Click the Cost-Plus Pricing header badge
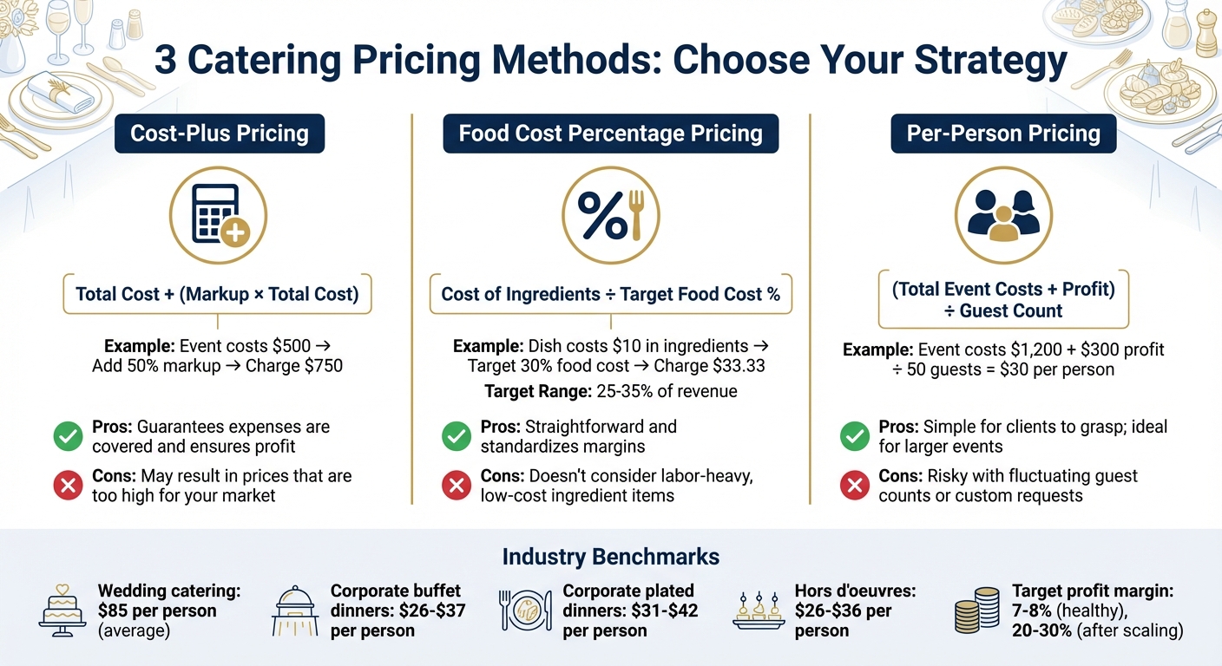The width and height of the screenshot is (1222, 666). [219, 134]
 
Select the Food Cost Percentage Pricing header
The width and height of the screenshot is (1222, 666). [610, 134]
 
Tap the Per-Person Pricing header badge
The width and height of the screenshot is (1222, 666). [1002, 134]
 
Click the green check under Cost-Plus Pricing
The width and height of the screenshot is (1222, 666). [67, 436]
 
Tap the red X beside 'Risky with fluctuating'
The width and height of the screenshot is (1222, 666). [855, 486]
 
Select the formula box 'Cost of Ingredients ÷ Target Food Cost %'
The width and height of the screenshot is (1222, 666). [610, 294]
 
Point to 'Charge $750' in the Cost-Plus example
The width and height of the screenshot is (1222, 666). [294, 366]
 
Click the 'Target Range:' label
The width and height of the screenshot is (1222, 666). [538, 391]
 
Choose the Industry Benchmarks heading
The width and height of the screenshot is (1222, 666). [610, 556]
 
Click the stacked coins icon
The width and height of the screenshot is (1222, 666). [976, 610]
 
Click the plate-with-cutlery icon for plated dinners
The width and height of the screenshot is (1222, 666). [526, 610]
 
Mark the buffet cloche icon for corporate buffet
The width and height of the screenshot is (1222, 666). [294, 610]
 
